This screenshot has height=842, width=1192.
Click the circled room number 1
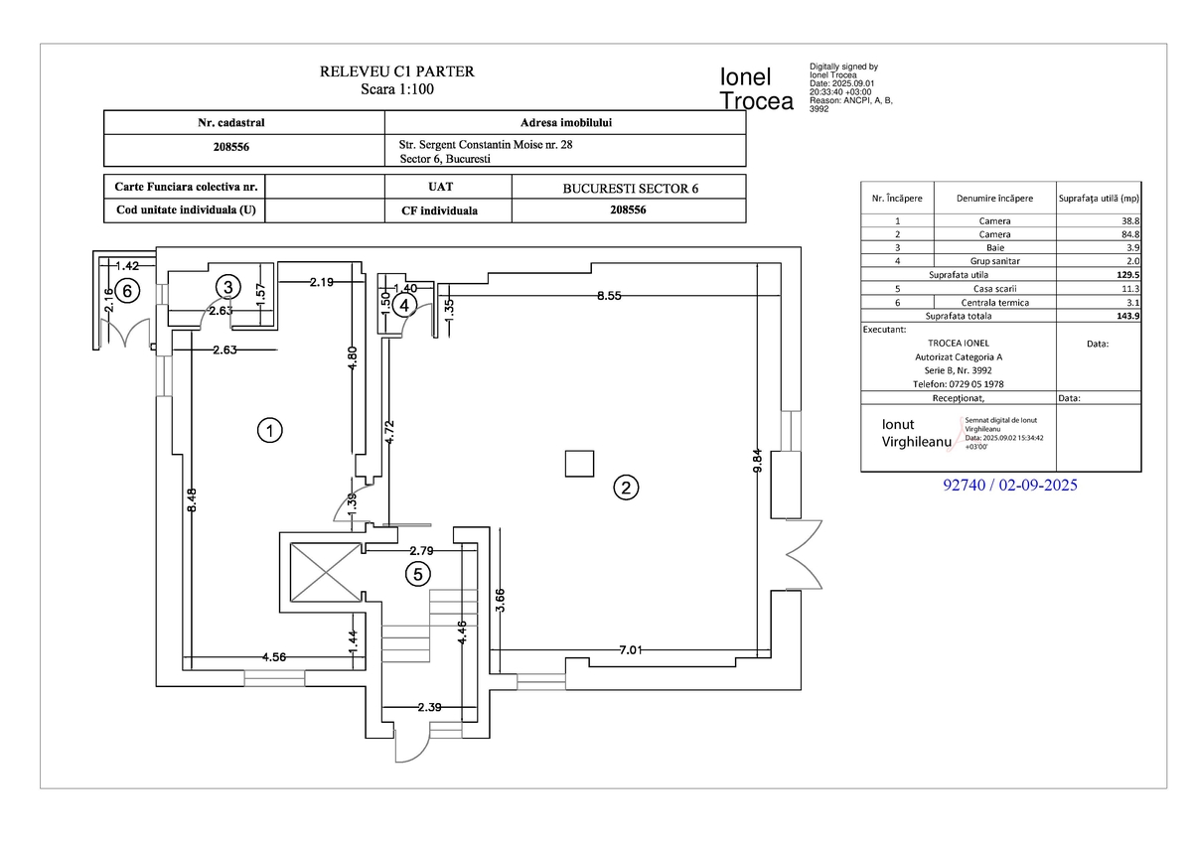268,430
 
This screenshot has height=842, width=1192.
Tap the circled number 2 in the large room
626,488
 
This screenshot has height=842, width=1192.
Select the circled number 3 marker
228,287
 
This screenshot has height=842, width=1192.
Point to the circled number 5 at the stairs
418,573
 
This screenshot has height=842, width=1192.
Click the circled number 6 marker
126,290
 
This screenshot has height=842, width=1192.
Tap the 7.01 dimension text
632,650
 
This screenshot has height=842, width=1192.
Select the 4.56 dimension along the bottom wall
275,657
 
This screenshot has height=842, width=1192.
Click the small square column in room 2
578,464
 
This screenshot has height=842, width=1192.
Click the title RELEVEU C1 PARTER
396,71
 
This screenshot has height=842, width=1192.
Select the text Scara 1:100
396,89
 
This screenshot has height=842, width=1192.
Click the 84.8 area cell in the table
1128,234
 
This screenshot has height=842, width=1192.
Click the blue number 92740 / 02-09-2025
1009,486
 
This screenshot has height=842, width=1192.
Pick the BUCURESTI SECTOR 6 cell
630,189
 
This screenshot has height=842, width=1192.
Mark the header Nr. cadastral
231,123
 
